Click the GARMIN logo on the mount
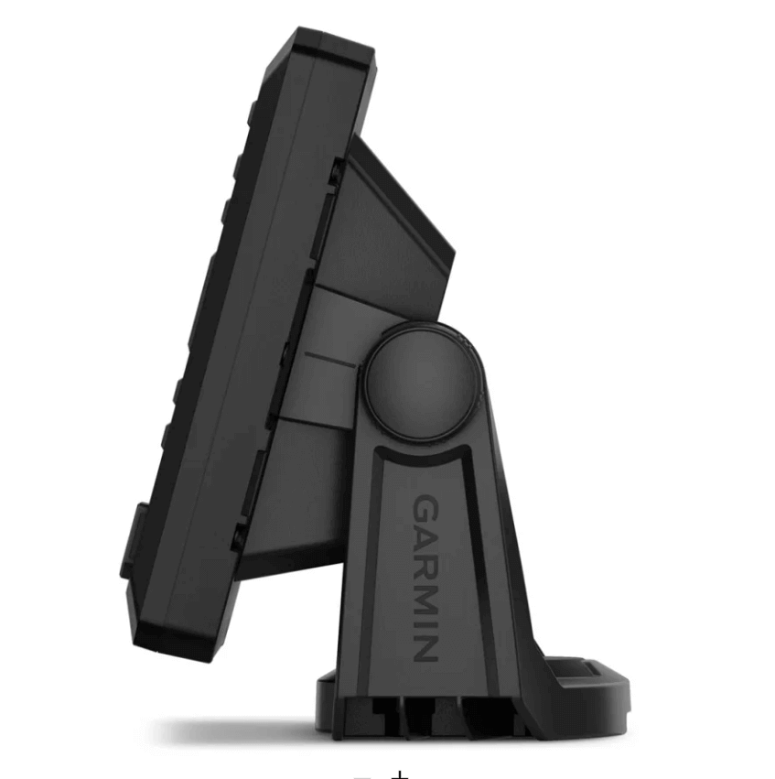(x=425, y=578)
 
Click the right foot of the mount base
(x=595, y=682)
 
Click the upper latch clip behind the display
(x=336, y=174)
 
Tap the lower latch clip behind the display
(x=240, y=536)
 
